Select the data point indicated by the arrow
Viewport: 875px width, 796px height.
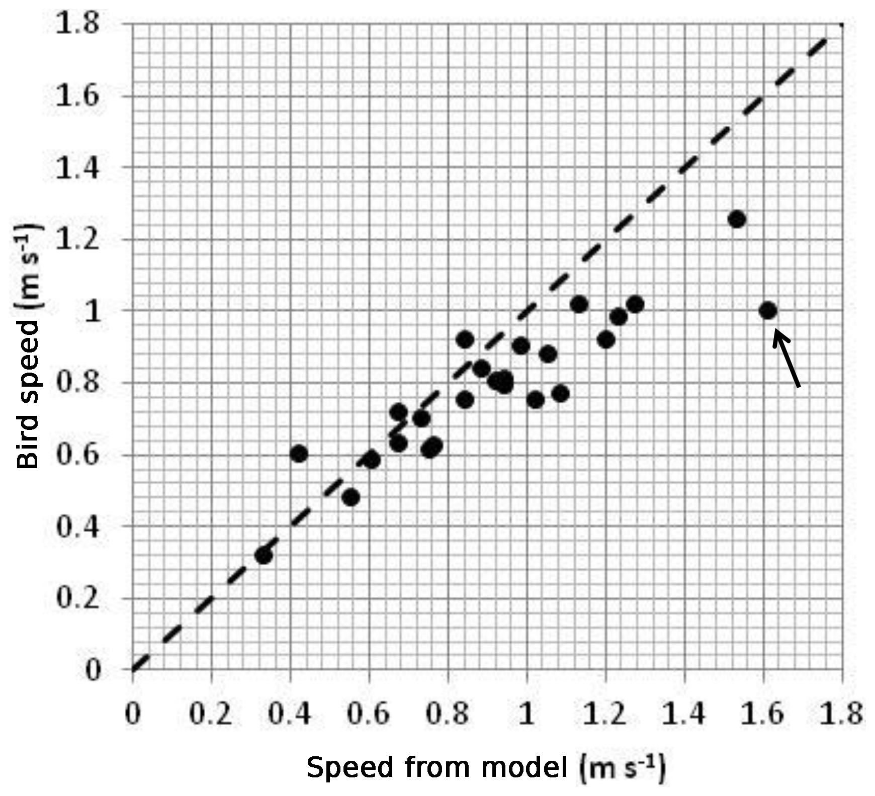tap(767, 311)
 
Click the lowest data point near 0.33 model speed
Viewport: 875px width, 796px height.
tap(264, 556)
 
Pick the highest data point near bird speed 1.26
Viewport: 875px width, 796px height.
tap(737, 219)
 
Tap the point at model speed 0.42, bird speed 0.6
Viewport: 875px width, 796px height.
tap(299, 454)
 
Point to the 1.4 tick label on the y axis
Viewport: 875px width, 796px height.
tap(76, 168)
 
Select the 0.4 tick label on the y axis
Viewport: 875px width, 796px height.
tap(76, 527)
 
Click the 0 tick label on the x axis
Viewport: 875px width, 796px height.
tap(133, 714)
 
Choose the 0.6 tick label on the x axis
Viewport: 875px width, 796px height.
tap(369, 714)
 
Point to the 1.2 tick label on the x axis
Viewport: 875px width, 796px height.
tap(605, 714)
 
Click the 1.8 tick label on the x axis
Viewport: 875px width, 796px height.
tap(841, 714)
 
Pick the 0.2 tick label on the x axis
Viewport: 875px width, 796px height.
tap(211, 714)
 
